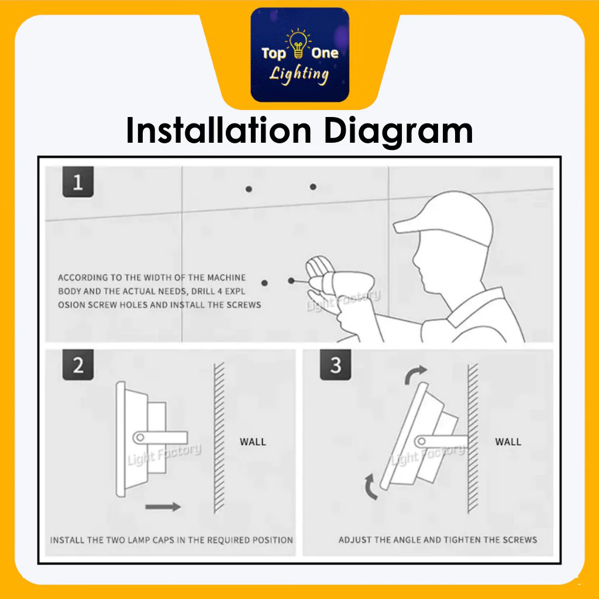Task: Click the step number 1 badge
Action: [x=78, y=182]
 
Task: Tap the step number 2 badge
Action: [x=78, y=365]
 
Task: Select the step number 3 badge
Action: [x=335, y=365]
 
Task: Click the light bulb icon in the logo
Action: [x=298, y=43]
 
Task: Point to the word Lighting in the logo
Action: [x=299, y=74]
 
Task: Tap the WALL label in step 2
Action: [x=253, y=442]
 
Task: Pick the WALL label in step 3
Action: [x=508, y=442]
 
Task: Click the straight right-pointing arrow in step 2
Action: [x=163, y=507]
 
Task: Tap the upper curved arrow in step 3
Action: [x=415, y=374]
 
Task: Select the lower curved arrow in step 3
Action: [x=370, y=487]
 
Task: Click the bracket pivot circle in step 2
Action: [x=140, y=437]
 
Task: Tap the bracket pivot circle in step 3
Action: [x=421, y=441]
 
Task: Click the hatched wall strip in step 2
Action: [x=219, y=438]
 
